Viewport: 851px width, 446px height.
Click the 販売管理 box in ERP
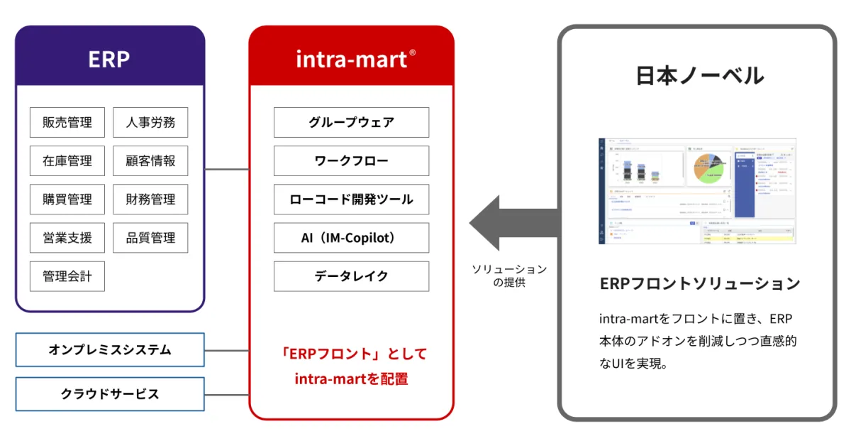coord(67,122)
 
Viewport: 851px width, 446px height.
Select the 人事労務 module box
coord(150,122)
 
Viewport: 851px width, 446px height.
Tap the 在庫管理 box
coord(67,161)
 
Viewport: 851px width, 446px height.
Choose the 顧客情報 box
coord(150,161)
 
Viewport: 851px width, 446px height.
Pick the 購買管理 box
coord(67,199)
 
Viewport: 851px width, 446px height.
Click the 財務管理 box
coord(150,199)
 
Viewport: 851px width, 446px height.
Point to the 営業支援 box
coord(67,237)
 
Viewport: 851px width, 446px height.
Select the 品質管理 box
coord(150,237)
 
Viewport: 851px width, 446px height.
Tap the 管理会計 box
coord(67,276)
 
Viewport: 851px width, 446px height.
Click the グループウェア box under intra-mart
coord(351,122)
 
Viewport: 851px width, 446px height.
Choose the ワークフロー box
coord(351,161)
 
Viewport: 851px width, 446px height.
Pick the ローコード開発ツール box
coord(351,199)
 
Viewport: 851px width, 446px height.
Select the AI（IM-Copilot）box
coord(351,238)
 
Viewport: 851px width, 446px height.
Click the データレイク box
coord(351,276)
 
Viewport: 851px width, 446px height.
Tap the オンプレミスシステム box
coord(110,349)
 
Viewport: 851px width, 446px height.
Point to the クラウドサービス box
coord(110,393)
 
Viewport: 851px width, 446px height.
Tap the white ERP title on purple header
coord(109,59)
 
